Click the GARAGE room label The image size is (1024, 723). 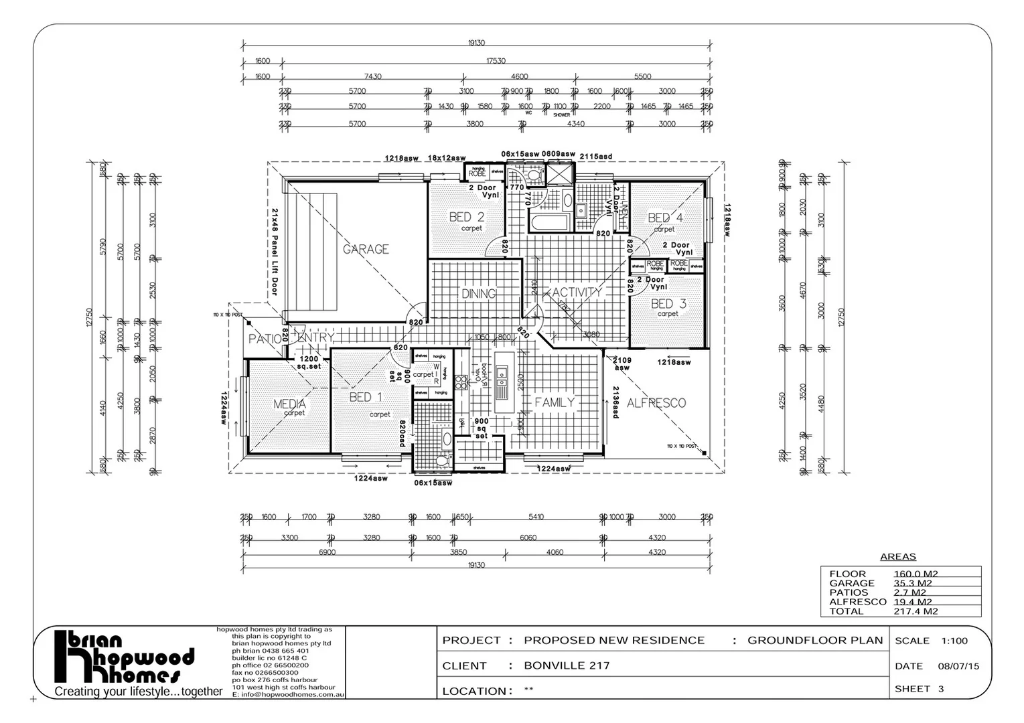click(x=366, y=249)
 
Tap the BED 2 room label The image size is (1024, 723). click(x=467, y=217)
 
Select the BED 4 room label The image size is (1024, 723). click(x=666, y=218)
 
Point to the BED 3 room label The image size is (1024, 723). click(x=668, y=304)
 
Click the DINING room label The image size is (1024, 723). click(x=478, y=294)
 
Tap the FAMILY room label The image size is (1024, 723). click(x=555, y=402)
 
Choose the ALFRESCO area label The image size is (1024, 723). click(x=656, y=403)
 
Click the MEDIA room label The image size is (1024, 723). click(x=290, y=404)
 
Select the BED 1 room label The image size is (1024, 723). click(x=366, y=398)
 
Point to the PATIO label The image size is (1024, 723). click(x=265, y=339)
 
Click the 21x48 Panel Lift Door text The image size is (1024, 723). click(x=274, y=251)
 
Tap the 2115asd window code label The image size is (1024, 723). click(x=595, y=157)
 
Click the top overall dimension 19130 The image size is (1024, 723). click(x=476, y=43)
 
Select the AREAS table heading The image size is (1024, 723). click(x=897, y=557)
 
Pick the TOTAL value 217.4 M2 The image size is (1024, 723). click(x=916, y=611)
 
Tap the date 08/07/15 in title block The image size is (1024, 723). click(x=958, y=666)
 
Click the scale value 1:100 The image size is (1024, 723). click(x=954, y=641)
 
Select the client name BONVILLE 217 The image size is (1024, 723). click(x=567, y=665)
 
